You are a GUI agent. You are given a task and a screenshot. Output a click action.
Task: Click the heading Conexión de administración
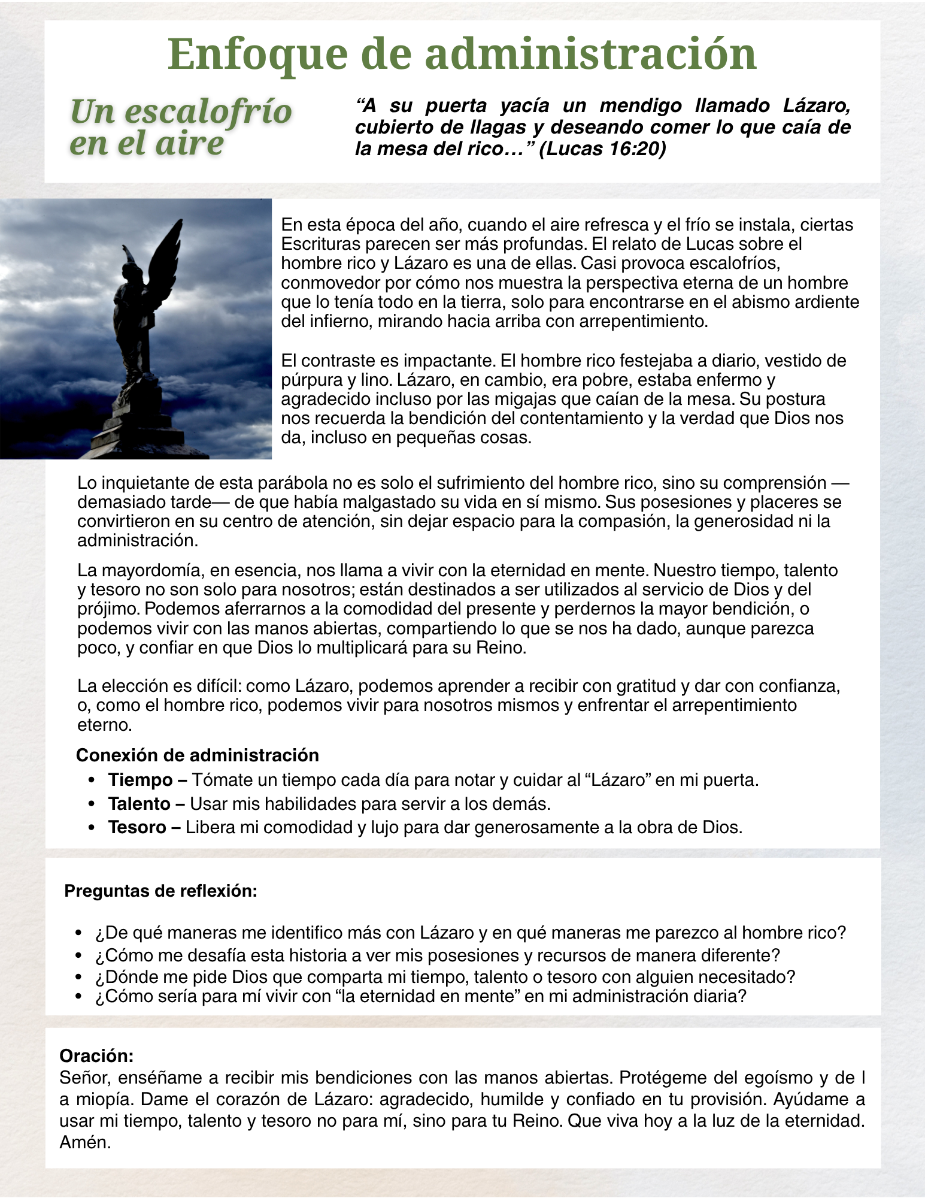click(198, 755)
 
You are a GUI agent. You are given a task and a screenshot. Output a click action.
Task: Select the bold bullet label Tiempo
click(140, 780)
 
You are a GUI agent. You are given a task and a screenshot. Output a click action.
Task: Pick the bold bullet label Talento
click(139, 803)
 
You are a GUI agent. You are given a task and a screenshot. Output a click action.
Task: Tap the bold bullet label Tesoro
click(137, 827)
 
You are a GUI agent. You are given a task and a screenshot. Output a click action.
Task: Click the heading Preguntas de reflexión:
click(160, 891)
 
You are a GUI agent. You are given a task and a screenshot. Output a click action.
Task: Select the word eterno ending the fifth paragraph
click(104, 724)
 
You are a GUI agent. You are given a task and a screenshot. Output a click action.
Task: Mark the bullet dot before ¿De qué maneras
click(78, 933)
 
